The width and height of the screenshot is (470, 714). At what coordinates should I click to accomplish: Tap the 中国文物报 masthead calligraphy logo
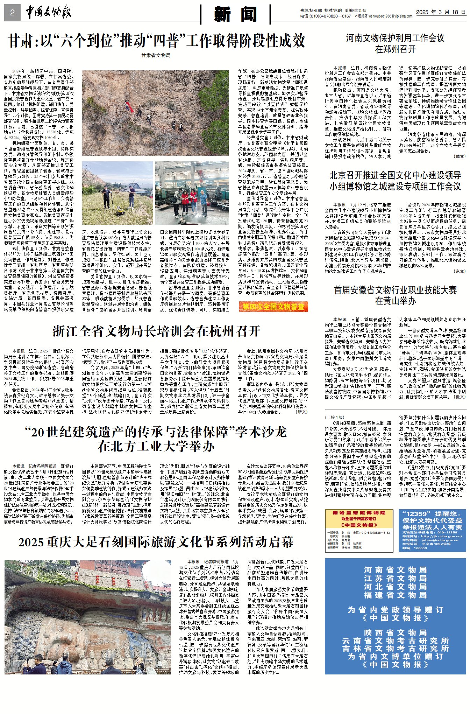[49, 13]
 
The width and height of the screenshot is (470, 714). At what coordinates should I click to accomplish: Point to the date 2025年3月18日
[441, 12]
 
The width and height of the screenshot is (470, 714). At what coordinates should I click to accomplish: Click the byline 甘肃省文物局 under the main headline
[156, 55]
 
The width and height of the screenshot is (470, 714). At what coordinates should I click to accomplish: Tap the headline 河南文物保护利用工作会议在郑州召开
[395, 43]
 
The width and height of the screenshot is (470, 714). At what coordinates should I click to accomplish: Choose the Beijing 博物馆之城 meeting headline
[395, 181]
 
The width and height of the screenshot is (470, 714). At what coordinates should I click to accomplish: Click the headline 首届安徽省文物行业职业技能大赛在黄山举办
[395, 295]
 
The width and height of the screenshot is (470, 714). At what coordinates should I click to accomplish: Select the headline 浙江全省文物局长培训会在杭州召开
[156, 331]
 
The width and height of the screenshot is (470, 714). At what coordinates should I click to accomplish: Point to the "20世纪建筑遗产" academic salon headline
[156, 439]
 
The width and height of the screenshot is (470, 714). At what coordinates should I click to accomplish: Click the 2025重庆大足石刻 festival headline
[156, 542]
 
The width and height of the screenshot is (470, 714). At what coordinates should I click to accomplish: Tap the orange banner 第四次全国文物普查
[273, 307]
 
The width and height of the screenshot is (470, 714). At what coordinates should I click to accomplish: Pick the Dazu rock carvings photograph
[88, 617]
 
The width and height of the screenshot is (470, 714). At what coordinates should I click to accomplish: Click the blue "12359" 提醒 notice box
[432, 531]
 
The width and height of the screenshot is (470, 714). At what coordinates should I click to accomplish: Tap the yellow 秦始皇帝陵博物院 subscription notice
[359, 531]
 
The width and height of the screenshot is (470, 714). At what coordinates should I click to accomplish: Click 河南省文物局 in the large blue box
[395, 570]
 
